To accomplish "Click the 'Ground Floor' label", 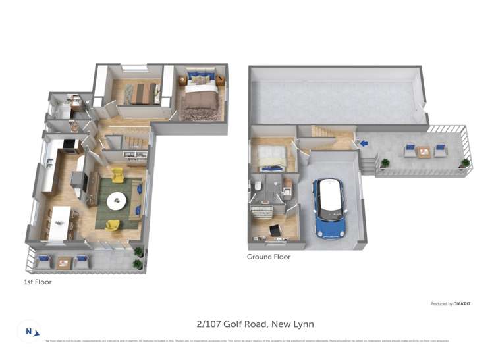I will click(x=268, y=257).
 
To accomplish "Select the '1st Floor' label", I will click(x=37, y=282).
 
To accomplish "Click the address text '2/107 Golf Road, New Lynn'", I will click(x=255, y=324).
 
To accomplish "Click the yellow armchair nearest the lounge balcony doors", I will click(x=113, y=224).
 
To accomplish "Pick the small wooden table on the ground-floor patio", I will click(x=424, y=152).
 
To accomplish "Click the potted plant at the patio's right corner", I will click(x=465, y=163).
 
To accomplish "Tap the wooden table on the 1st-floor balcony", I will click(x=64, y=263).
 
